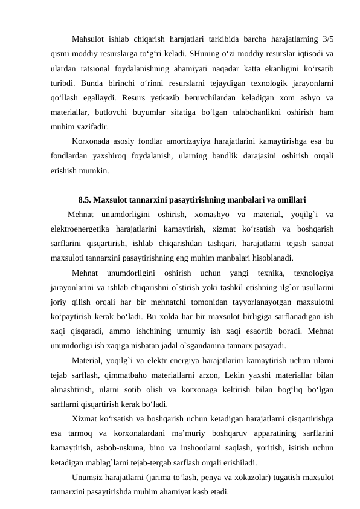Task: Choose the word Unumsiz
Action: (88, 478)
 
